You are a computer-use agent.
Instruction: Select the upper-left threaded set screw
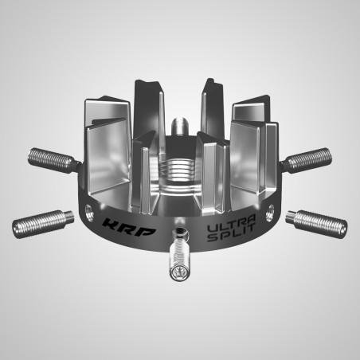pos(55,157)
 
